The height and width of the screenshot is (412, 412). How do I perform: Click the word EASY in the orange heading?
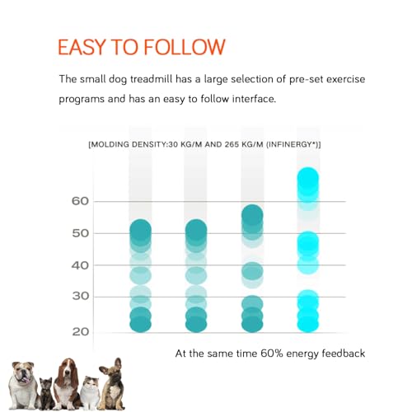point(82,47)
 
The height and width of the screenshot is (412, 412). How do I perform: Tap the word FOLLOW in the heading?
point(185,47)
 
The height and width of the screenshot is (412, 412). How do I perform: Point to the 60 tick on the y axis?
point(80,201)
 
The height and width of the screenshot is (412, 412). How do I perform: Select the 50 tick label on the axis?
point(80,233)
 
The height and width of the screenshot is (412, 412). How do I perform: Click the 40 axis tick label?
point(80,265)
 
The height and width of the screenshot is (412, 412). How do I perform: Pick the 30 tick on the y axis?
point(80,296)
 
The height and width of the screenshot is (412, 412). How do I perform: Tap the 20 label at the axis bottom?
point(80,332)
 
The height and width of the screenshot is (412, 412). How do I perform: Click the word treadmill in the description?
point(151,79)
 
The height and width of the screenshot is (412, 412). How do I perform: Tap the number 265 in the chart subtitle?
point(231,144)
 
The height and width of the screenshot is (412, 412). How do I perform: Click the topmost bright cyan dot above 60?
point(308,178)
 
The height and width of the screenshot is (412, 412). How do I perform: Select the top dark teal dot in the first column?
point(140,230)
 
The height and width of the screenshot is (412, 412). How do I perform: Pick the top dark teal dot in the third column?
point(252,215)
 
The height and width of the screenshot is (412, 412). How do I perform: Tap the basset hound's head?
point(67,370)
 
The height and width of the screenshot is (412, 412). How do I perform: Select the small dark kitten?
point(46,393)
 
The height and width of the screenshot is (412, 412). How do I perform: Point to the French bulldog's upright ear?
point(118,365)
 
